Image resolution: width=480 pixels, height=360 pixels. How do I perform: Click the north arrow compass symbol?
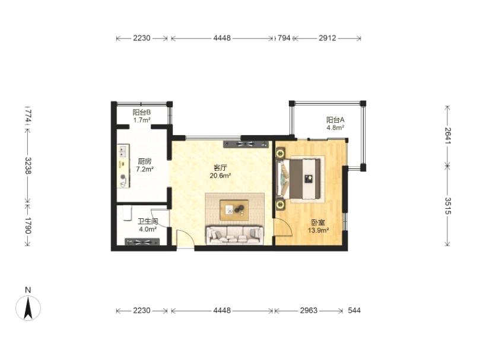pos(28,308)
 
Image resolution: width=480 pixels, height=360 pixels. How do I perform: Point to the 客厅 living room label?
pos(220,168)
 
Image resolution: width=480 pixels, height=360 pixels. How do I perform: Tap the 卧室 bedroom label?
pos(318,222)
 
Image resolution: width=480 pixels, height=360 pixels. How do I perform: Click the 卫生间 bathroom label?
pos(148,221)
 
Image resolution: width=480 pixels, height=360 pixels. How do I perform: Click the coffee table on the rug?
pos(234,210)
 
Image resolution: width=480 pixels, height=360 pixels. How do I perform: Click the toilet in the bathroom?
pos(127,213)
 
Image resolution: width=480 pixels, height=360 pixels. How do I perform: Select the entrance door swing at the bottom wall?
pos(185,238)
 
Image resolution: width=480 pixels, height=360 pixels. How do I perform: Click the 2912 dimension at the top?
pos(328,39)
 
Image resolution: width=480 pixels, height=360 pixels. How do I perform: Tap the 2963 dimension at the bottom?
pos(309,311)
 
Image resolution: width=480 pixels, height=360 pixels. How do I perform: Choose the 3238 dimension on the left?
pos(28,165)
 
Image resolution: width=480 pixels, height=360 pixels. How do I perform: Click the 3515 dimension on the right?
pos(448,206)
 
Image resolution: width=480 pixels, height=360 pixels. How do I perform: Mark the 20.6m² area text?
pos(220,176)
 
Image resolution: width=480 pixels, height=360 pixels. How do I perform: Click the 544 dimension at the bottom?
pos(354,311)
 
